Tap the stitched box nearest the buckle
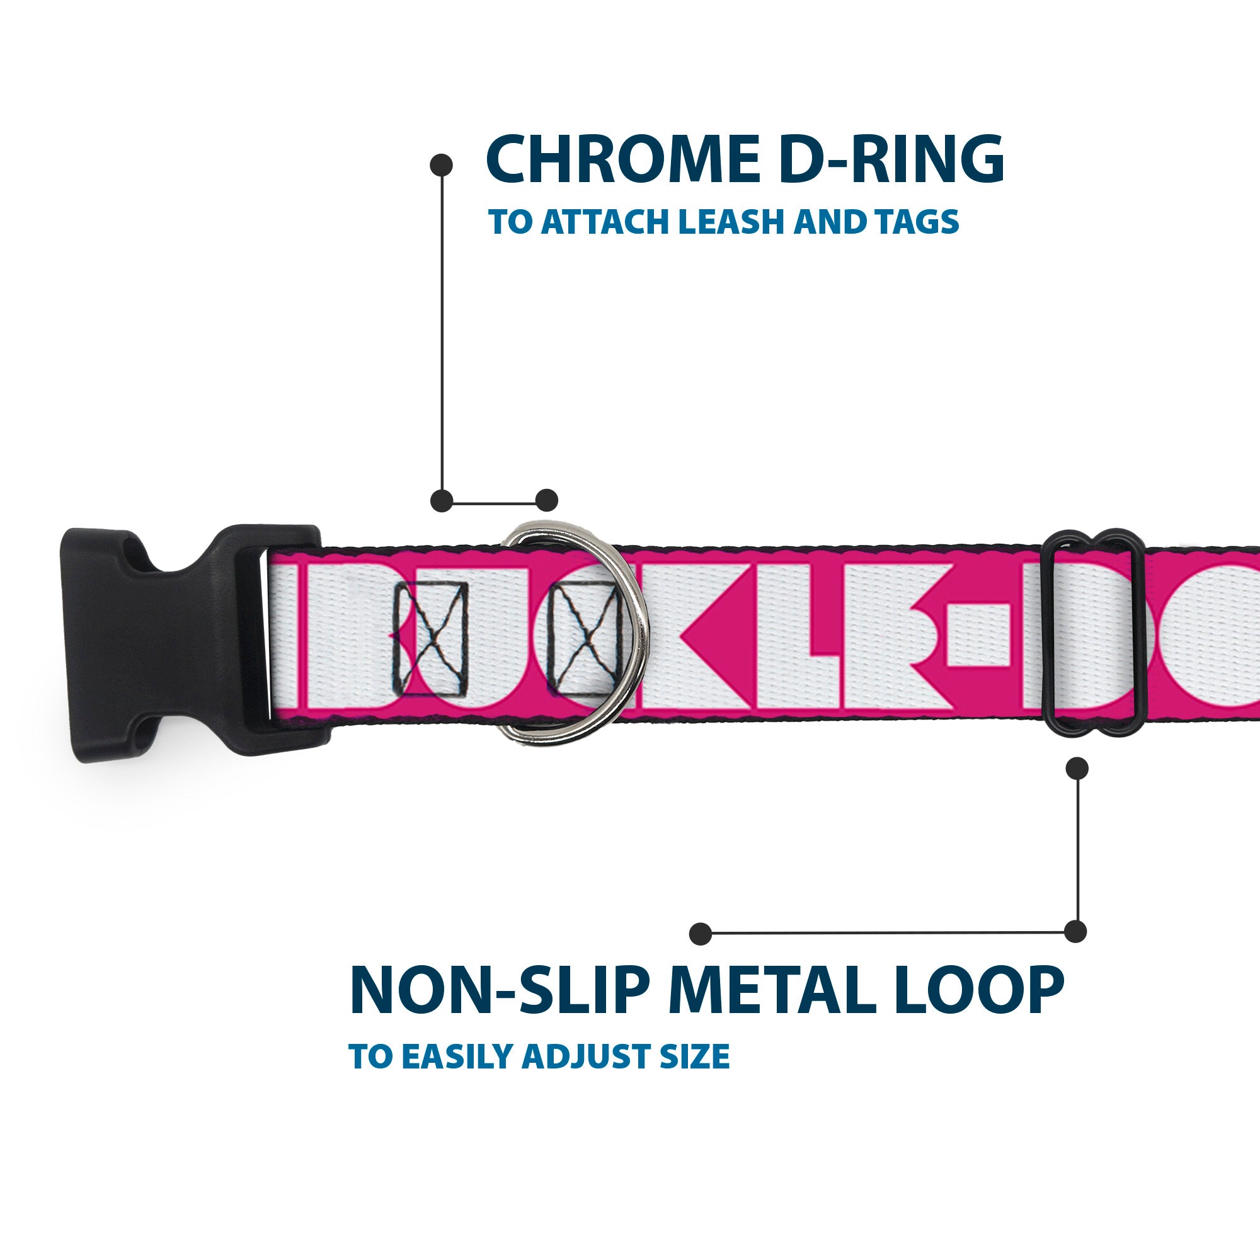point(431,639)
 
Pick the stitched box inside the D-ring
point(585,639)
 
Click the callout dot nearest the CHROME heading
point(442,164)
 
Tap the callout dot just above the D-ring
point(546,500)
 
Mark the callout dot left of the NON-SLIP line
point(701,933)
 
